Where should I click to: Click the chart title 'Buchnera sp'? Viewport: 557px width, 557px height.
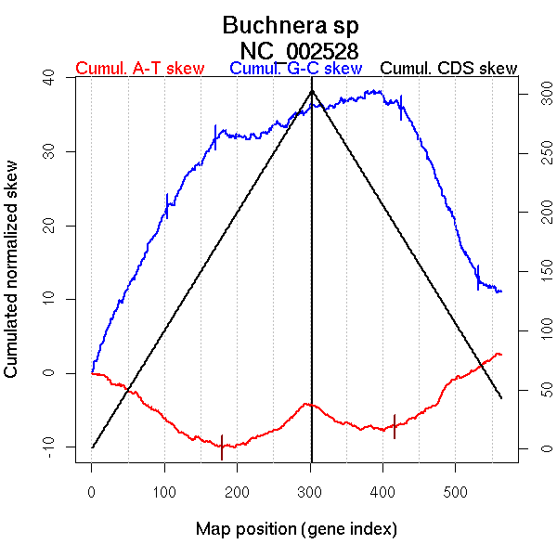point(291,25)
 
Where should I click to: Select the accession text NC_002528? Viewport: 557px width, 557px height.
point(298,50)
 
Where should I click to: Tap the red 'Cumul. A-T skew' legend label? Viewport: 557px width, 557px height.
point(139,69)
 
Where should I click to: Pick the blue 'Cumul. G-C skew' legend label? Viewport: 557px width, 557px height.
point(295,69)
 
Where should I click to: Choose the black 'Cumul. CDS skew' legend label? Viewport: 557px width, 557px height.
point(448,69)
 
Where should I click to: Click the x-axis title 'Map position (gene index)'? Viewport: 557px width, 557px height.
point(296,529)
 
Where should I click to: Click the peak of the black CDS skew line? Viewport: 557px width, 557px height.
point(312,90)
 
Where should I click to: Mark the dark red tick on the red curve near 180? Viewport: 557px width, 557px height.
point(222,447)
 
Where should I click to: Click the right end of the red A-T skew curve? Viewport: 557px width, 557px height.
point(501,355)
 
